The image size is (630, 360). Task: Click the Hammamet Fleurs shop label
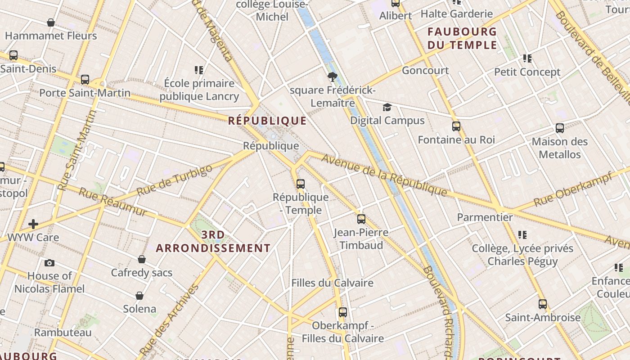click(51, 36)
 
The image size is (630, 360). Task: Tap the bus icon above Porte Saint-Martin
click(85, 80)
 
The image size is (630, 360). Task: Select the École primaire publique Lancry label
click(199, 90)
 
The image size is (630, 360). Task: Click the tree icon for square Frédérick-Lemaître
click(333, 77)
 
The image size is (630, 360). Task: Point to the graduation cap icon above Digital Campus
click(387, 108)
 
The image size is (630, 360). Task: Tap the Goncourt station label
click(425, 70)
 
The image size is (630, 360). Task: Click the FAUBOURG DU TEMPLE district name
click(462, 38)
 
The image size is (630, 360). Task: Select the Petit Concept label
click(527, 72)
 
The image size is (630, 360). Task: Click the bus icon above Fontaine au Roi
click(456, 126)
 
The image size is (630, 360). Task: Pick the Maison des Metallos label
click(560, 148)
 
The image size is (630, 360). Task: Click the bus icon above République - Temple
click(301, 184)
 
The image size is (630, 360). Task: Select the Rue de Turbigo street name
click(174, 180)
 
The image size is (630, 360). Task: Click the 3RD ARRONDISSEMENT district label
click(213, 242)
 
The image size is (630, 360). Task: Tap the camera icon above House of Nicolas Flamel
click(49, 263)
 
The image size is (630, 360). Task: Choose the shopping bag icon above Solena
click(139, 296)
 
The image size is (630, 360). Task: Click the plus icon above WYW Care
click(33, 224)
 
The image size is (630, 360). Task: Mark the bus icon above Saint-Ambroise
click(543, 304)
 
